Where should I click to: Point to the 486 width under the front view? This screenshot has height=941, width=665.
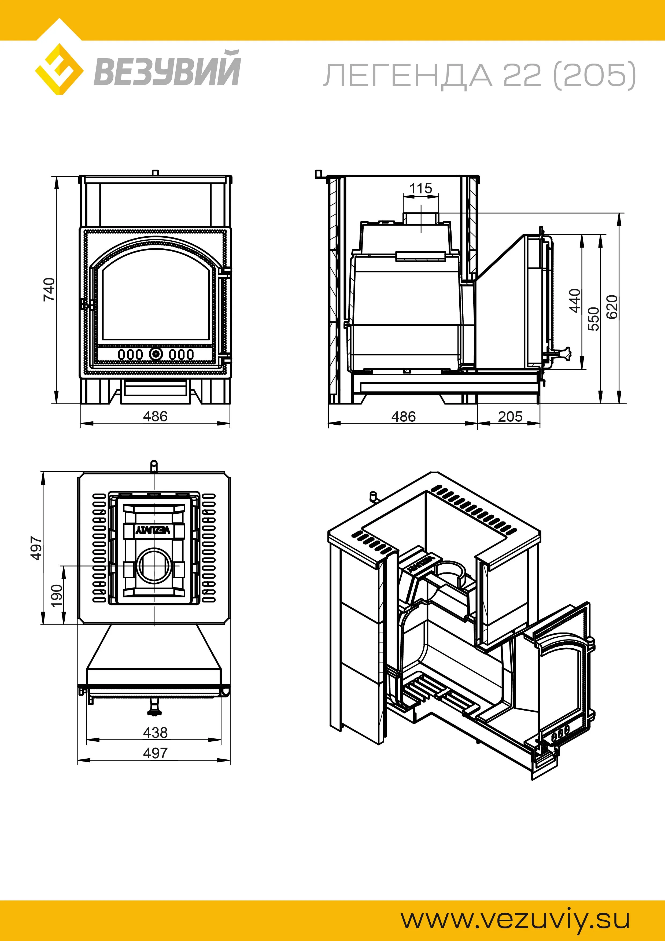[x=155, y=416]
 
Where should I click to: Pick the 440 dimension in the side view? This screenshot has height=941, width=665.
[x=575, y=300]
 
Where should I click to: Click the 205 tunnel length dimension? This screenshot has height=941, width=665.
[x=510, y=417]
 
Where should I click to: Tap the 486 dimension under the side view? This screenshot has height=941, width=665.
[x=403, y=417]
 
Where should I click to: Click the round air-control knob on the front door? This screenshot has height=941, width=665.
[x=156, y=354]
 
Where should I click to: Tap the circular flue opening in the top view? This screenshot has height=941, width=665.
[x=154, y=567]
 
